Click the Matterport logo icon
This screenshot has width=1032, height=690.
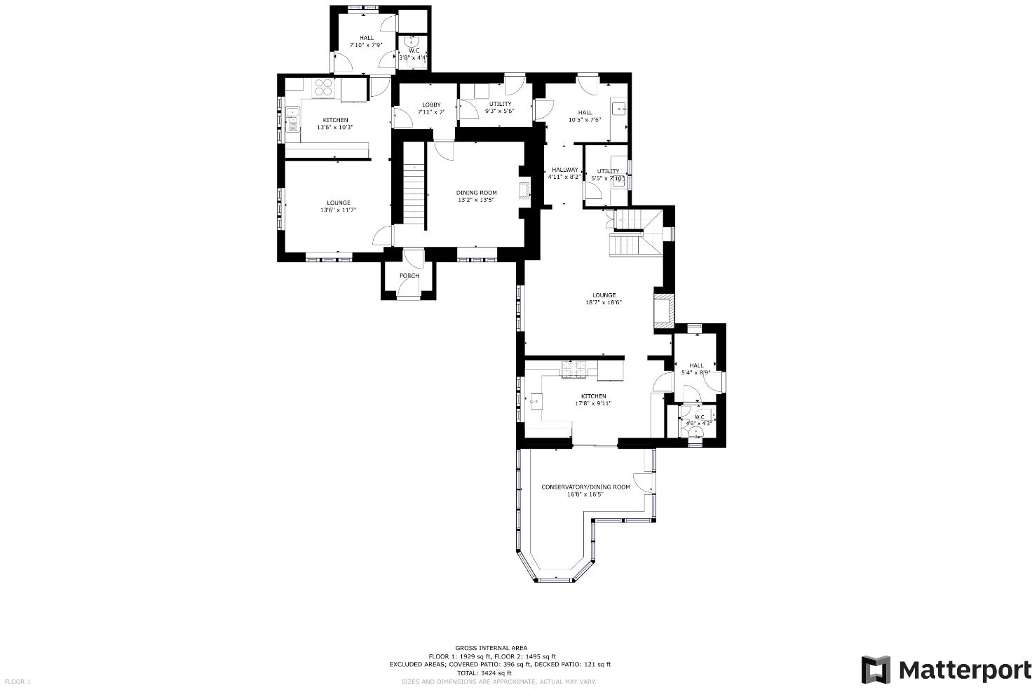pos(876,670)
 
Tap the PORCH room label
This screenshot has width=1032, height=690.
pos(409,276)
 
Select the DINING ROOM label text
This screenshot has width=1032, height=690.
pos(477,193)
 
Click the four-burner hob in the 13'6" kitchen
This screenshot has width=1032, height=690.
pos(323,88)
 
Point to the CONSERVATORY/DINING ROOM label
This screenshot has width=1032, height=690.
pos(585,487)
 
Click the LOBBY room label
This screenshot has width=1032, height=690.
pos(431,105)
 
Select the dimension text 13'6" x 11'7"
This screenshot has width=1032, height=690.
pos(339,210)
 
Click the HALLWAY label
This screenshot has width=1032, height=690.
pos(564,170)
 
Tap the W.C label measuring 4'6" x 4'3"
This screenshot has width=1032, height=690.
pos(699,417)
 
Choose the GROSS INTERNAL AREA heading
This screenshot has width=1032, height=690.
pos(491,648)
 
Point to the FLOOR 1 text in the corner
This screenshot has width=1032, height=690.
pos(18,682)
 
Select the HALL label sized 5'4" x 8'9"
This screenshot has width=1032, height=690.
pos(696,365)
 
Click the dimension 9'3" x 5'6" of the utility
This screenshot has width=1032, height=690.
pos(500,111)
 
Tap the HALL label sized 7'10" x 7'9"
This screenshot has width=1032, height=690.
pos(367,38)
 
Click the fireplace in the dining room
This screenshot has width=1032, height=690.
pos(524,191)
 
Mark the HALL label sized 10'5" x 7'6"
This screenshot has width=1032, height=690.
pos(585,112)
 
